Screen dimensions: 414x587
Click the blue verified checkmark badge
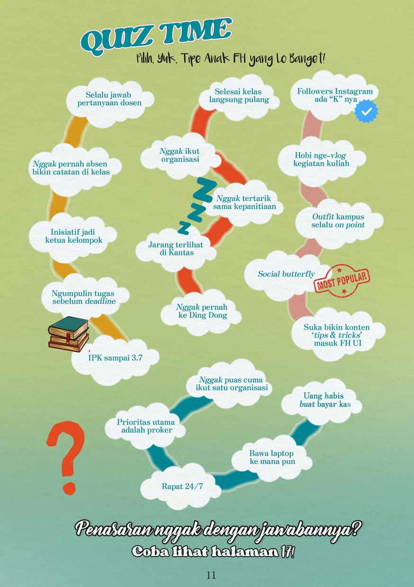366,111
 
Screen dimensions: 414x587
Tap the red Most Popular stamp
342,280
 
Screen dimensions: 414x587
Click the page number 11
211,575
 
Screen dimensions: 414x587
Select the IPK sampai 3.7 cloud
115,358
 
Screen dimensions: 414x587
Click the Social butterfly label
286,274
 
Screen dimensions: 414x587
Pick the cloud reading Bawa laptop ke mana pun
272,457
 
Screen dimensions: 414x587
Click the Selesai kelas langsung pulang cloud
239,95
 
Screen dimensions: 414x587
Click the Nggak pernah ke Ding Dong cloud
202,311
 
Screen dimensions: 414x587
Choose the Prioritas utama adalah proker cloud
146,426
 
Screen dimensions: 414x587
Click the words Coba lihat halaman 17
213,552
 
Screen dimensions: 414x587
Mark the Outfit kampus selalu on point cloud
338,221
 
